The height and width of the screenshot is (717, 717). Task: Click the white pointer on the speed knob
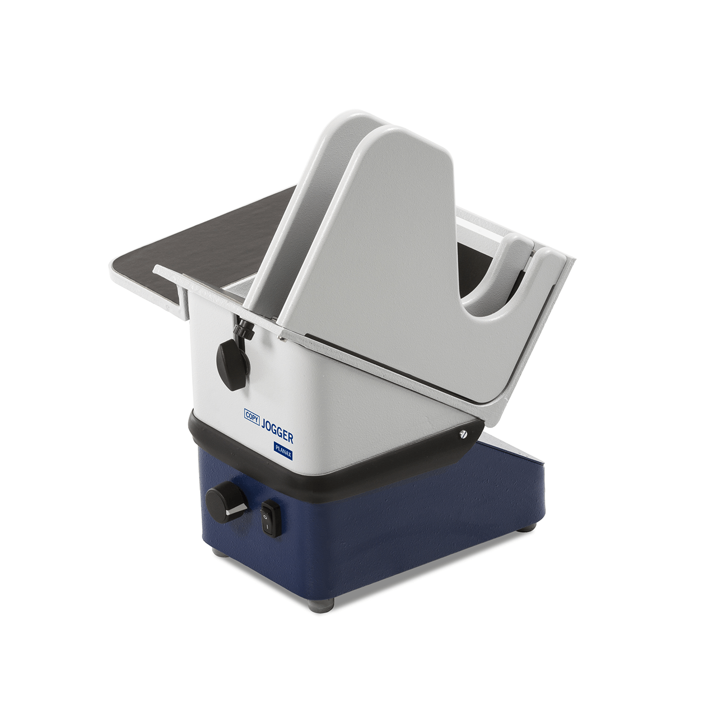[236, 511]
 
